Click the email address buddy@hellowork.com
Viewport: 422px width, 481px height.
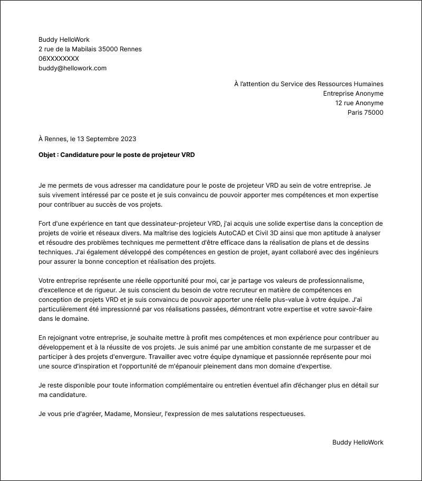point(72,68)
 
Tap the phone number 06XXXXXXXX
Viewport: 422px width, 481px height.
point(59,59)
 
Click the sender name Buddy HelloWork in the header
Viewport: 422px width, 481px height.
point(64,40)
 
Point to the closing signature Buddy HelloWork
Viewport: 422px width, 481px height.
point(358,442)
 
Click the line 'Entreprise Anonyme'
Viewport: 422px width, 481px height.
point(353,94)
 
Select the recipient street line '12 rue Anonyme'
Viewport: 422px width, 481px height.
point(359,103)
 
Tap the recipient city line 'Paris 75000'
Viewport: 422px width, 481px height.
point(365,113)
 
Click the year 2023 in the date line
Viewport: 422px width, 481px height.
point(128,139)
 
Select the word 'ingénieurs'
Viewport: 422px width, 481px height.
point(362,252)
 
